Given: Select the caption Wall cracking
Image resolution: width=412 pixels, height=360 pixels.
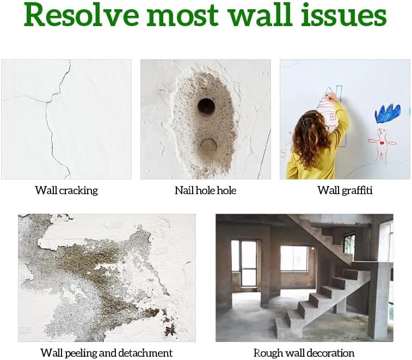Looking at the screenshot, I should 66,190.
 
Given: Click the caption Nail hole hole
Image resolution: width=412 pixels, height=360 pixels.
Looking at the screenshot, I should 205,190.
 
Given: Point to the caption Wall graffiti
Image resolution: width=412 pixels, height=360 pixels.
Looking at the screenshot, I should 345,190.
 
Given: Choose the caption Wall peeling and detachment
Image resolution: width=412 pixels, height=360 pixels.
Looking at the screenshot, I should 107,353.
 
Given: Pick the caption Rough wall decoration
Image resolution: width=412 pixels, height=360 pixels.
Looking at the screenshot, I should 304,353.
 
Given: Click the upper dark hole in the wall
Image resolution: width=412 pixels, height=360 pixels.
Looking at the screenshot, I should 206,105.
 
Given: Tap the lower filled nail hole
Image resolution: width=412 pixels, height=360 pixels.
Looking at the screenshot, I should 207,145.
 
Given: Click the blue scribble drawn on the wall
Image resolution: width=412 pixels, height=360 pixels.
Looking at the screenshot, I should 388,113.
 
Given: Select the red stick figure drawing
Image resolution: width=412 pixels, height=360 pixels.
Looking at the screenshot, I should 382,142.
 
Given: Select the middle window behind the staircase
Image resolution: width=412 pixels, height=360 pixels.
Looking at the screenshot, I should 294,258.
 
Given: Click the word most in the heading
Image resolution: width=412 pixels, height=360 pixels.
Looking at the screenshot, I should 183,15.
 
